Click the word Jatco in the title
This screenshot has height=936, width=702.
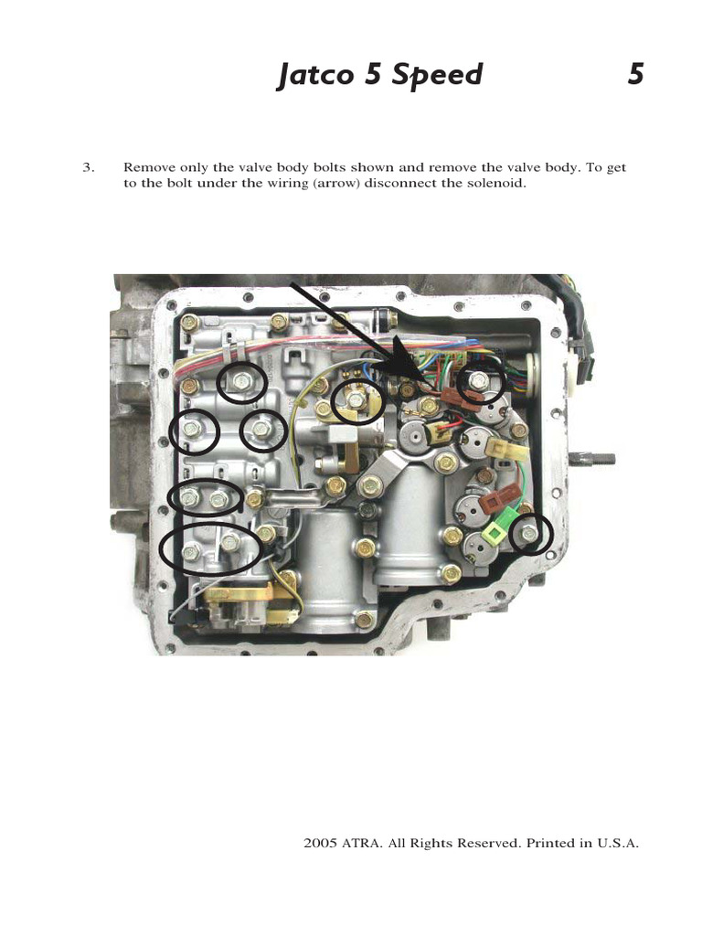coord(317,75)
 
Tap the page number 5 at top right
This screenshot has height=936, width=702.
coord(635,75)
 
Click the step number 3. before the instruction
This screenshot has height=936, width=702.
coord(89,168)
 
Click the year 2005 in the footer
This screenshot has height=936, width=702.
coord(319,843)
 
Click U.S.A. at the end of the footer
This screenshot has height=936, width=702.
coord(618,843)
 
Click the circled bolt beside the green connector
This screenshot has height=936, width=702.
coord(529,534)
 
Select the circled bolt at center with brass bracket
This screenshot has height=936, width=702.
coord(356,400)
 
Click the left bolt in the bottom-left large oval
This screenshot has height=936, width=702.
coord(192,551)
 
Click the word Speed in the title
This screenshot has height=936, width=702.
coord(436,75)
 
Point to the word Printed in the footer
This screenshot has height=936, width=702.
coord(548,843)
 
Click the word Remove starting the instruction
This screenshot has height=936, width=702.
coord(147,168)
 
